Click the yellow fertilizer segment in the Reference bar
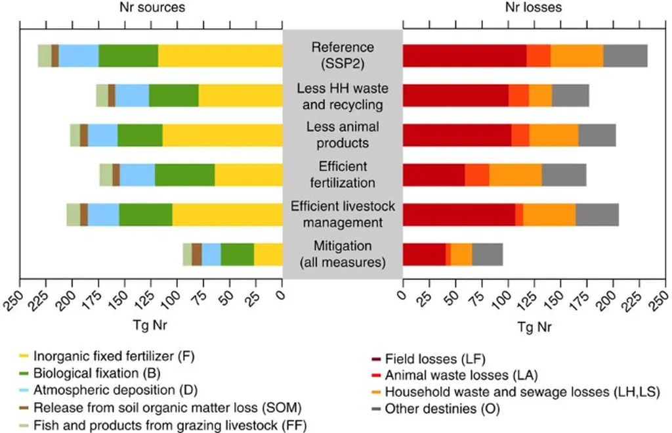pyautogui.click(x=220, y=56)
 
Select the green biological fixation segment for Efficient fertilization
pyautogui.click(x=184, y=175)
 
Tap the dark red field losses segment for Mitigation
pyautogui.click(x=424, y=254)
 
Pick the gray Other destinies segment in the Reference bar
pyautogui.click(x=625, y=56)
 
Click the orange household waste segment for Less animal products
pyautogui.click(x=554, y=135)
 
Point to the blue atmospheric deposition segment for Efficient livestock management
pyautogui.click(x=103, y=215)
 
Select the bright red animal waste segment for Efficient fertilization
pyautogui.click(x=477, y=175)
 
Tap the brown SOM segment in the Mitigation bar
pyautogui.click(x=197, y=254)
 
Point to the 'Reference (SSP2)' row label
pyautogui.click(x=342, y=56)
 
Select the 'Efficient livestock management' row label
pyautogui.click(x=343, y=214)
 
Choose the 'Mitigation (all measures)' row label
pyautogui.click(x=342, y=254)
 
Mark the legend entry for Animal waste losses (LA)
pyautogui.click(x=461, y=375)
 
